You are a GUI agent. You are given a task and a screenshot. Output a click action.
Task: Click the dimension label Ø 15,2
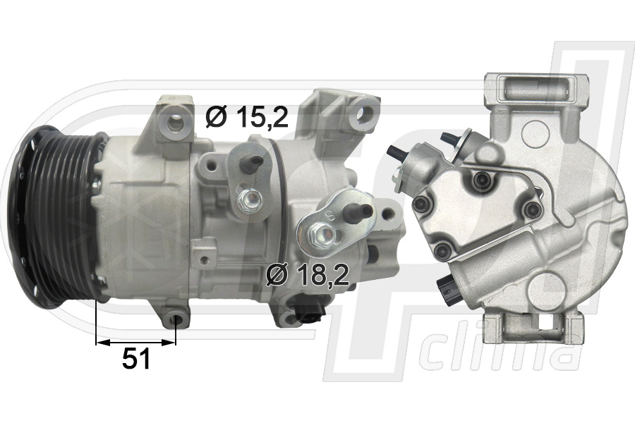click(247, 117)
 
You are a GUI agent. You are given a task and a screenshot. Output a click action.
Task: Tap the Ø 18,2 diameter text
click(308, 275)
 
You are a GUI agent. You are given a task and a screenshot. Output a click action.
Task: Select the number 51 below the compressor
click(136, 360)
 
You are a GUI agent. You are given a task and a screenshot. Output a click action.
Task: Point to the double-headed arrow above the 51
click(135, 342)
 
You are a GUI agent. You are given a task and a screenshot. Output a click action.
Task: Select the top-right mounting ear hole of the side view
click(365, 111)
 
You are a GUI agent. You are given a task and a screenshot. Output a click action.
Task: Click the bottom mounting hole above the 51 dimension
click(176, 321)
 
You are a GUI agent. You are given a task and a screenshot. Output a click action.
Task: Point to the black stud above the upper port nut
click(254, 164)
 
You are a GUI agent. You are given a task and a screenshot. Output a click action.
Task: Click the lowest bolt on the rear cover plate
click(442, 248)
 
